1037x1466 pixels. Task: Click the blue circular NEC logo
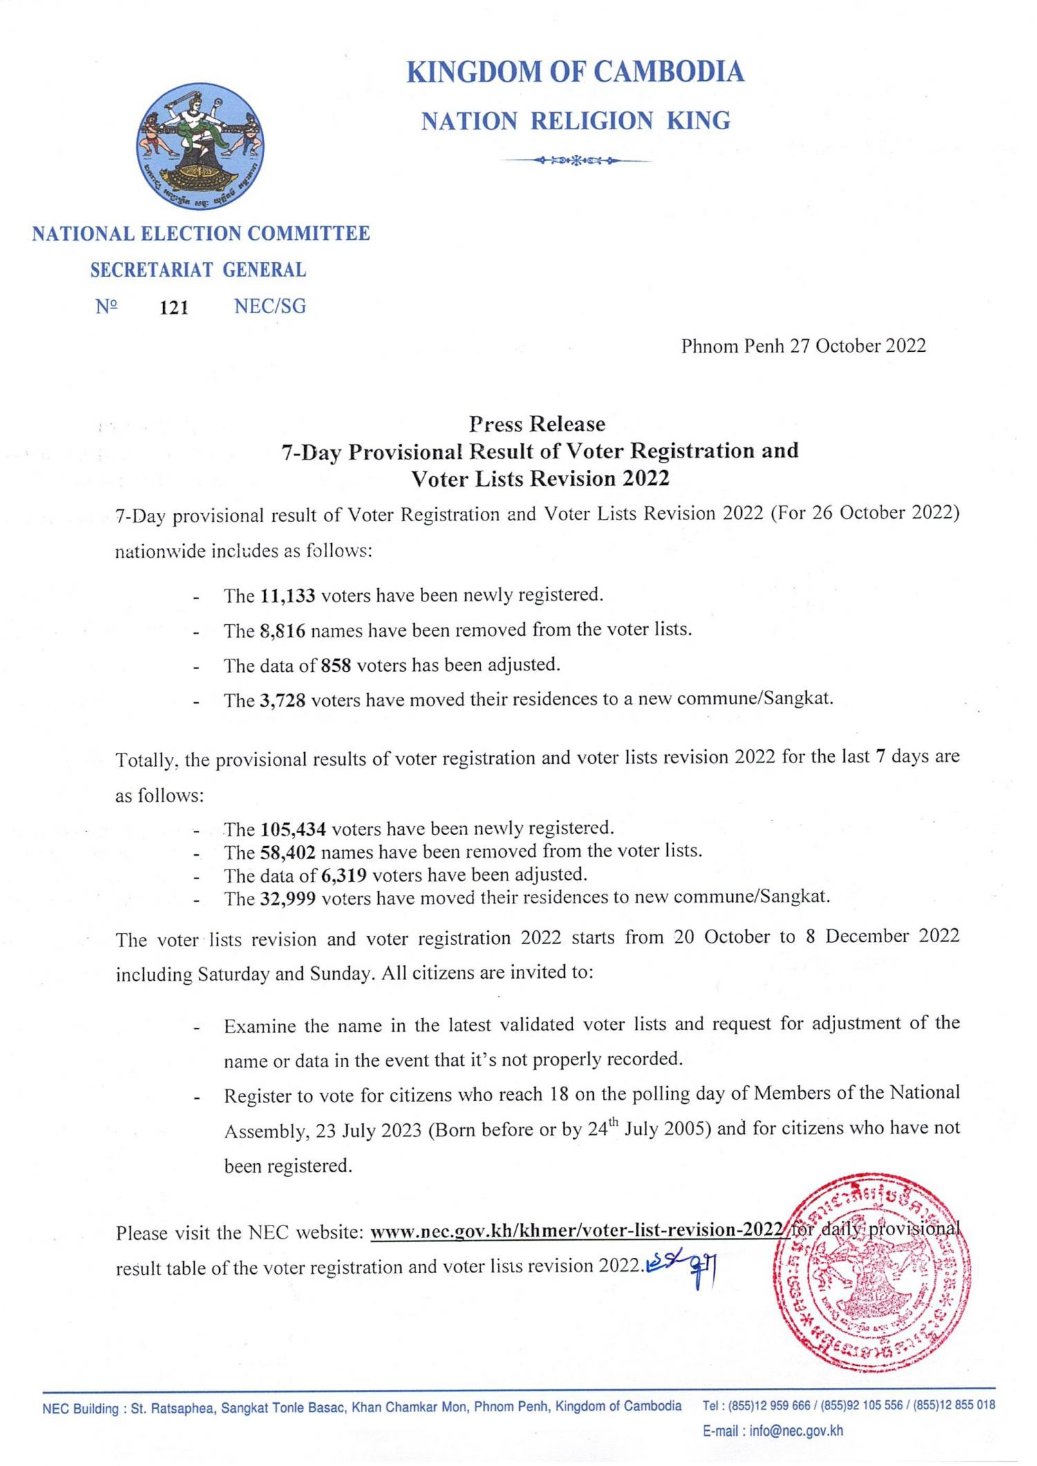tap(200, 147)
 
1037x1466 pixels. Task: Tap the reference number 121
tap(174, 308)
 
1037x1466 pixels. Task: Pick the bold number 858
tap(337, 665)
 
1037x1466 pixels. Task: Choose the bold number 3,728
tap(283, 700)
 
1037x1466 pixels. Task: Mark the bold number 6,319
tap(344, 875)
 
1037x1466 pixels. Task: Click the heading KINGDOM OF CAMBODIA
tap(575, 72)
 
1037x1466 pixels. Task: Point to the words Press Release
tap(536, 423)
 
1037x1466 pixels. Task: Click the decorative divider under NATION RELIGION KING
tap(576, 161)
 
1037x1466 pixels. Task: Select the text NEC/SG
tap(270, 306)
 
